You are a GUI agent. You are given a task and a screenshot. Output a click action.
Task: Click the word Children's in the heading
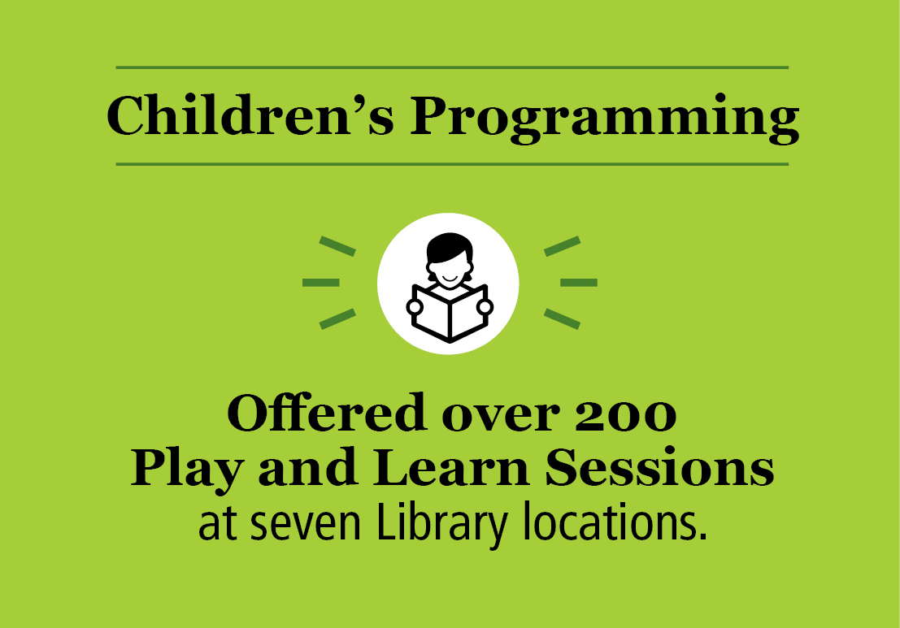[250, 116]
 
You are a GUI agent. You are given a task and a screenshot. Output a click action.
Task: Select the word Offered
[326, 414]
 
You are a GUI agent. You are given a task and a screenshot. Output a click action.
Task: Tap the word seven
[302, 526]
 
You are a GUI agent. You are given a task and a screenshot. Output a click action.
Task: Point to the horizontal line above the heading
[452, 67]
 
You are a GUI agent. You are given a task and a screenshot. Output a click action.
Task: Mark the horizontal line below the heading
[452, 165]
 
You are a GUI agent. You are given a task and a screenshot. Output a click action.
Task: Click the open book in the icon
[450, 313]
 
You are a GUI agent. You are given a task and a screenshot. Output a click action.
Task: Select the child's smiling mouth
[449, 279]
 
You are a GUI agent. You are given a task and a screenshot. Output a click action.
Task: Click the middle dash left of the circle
[320, 283]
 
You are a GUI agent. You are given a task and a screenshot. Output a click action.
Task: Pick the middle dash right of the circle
[579, 283]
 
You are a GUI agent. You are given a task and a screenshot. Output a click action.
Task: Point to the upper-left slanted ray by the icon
[337, 246]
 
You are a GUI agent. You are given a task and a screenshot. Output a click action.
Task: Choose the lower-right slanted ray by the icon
[562, 318]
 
